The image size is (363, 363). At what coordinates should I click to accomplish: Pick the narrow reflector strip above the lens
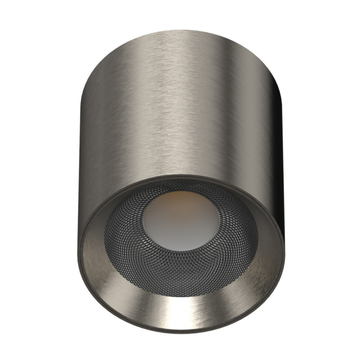coord(181,184)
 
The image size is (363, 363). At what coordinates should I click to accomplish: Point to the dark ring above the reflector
coord(181,177)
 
